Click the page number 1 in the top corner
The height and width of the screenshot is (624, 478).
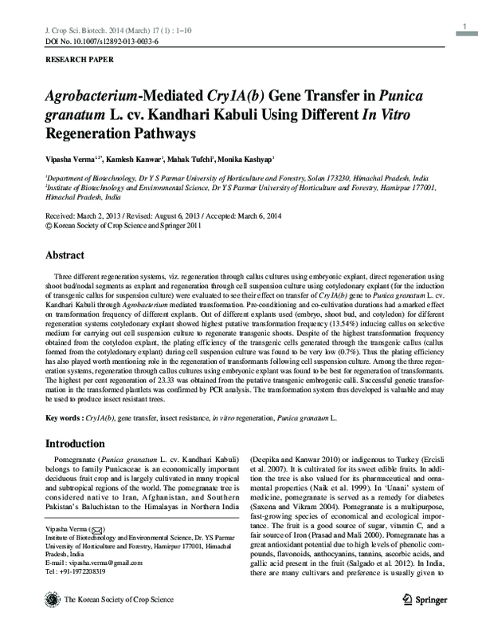pyautogui.click(x=463, y=30)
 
